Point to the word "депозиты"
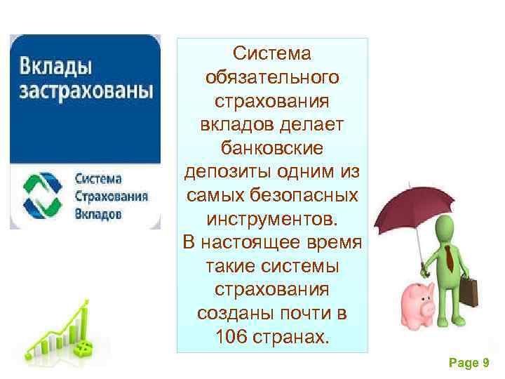(224, 172)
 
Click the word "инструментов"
(272, 219)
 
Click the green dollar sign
(83, 347)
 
